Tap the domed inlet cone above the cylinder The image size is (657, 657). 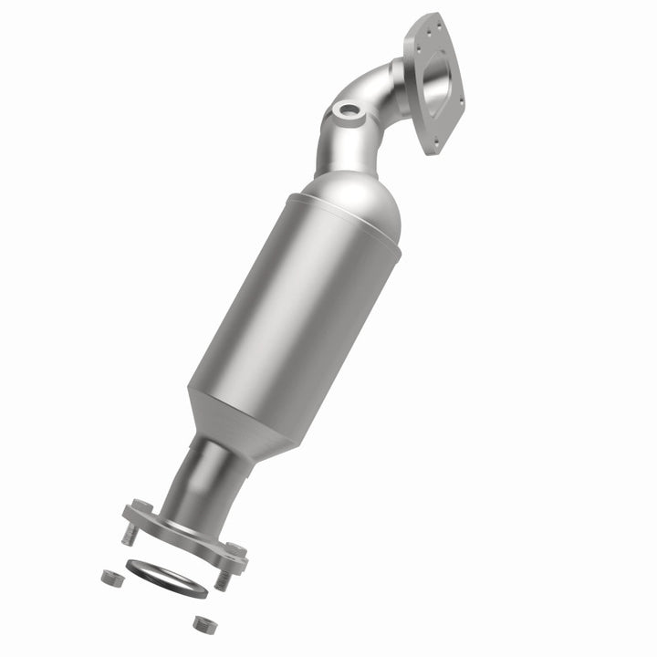pos(351,201)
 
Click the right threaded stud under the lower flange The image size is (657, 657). pos(222,578)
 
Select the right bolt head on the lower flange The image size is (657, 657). pos(235,550)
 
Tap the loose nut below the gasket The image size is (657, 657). pos(202,623)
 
